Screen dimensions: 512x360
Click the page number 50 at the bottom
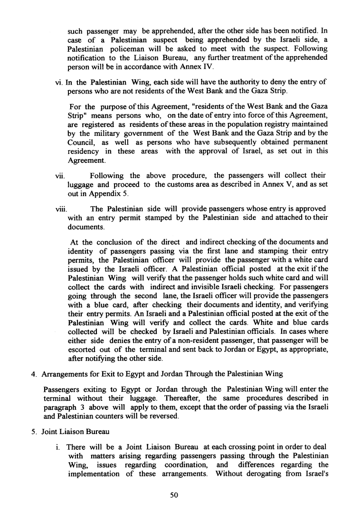point(173,495)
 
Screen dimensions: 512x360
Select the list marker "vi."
point(59,82)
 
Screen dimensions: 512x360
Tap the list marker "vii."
point(60,176)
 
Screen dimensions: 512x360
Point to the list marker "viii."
point(61,209)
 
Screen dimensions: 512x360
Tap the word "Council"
point(83,142)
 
